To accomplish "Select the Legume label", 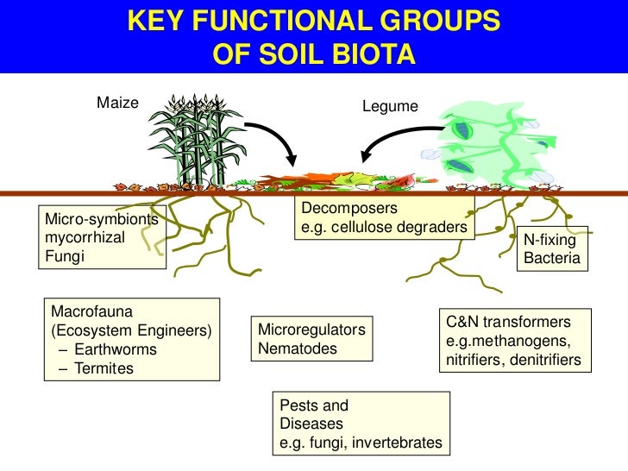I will (x=391, y=106).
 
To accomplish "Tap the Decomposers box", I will (x=384, y=218).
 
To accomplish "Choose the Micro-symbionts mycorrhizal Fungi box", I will (x=103, y=237).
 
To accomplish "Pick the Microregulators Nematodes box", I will (x=311, y=339).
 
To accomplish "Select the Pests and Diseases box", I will (x=361, y=424).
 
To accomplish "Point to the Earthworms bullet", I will (x=115, y=350).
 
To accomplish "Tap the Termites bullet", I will (x=104, y=369).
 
